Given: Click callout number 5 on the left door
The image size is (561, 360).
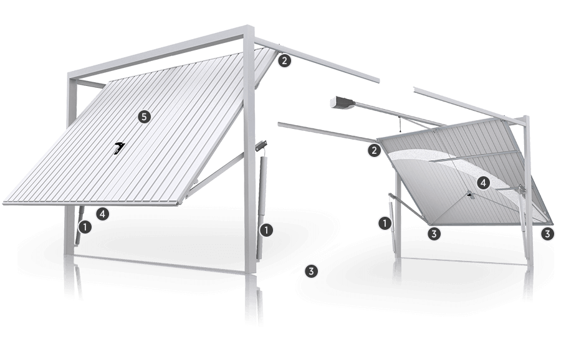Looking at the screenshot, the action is point(144,116).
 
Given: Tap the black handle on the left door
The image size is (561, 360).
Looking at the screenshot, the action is point(119,148).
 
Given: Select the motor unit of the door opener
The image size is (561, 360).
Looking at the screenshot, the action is point(342,103).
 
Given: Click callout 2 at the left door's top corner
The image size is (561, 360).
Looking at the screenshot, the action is point(284,60).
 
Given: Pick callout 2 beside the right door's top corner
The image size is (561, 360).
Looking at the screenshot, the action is point(374,150).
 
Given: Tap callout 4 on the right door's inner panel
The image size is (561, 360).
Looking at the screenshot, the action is point(483,183).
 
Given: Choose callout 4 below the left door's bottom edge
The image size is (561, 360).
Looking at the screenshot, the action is point(103,214).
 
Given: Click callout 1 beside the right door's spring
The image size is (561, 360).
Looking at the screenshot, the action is point(385,224).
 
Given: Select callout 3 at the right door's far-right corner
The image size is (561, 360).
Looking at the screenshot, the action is point(547,234).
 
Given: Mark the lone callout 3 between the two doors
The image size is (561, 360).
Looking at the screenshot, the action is point(311,272).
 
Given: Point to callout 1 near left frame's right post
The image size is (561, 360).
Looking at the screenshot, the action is point(267,230).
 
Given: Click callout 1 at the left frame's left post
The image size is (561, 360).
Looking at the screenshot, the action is point(85,227).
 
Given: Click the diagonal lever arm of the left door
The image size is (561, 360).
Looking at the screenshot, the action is point(214,175).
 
